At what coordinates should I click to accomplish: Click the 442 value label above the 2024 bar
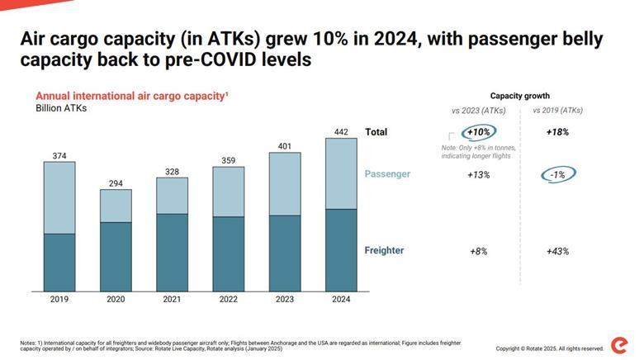point(340,131)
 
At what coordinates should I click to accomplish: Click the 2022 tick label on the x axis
point(229,300)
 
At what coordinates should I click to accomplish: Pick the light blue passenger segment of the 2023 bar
point(285,183)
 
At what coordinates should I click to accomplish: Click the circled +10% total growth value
point(479,132)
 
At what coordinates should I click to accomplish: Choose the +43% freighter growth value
point(557,251)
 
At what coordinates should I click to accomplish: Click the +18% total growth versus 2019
point(557,132)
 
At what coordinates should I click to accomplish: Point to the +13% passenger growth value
point(479,174)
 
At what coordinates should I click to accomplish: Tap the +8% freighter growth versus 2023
point(479,251)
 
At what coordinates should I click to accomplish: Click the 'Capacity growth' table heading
point(519,96)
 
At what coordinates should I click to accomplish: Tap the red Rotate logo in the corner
point(619,345)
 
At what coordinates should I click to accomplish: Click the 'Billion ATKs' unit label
point(61,108)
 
